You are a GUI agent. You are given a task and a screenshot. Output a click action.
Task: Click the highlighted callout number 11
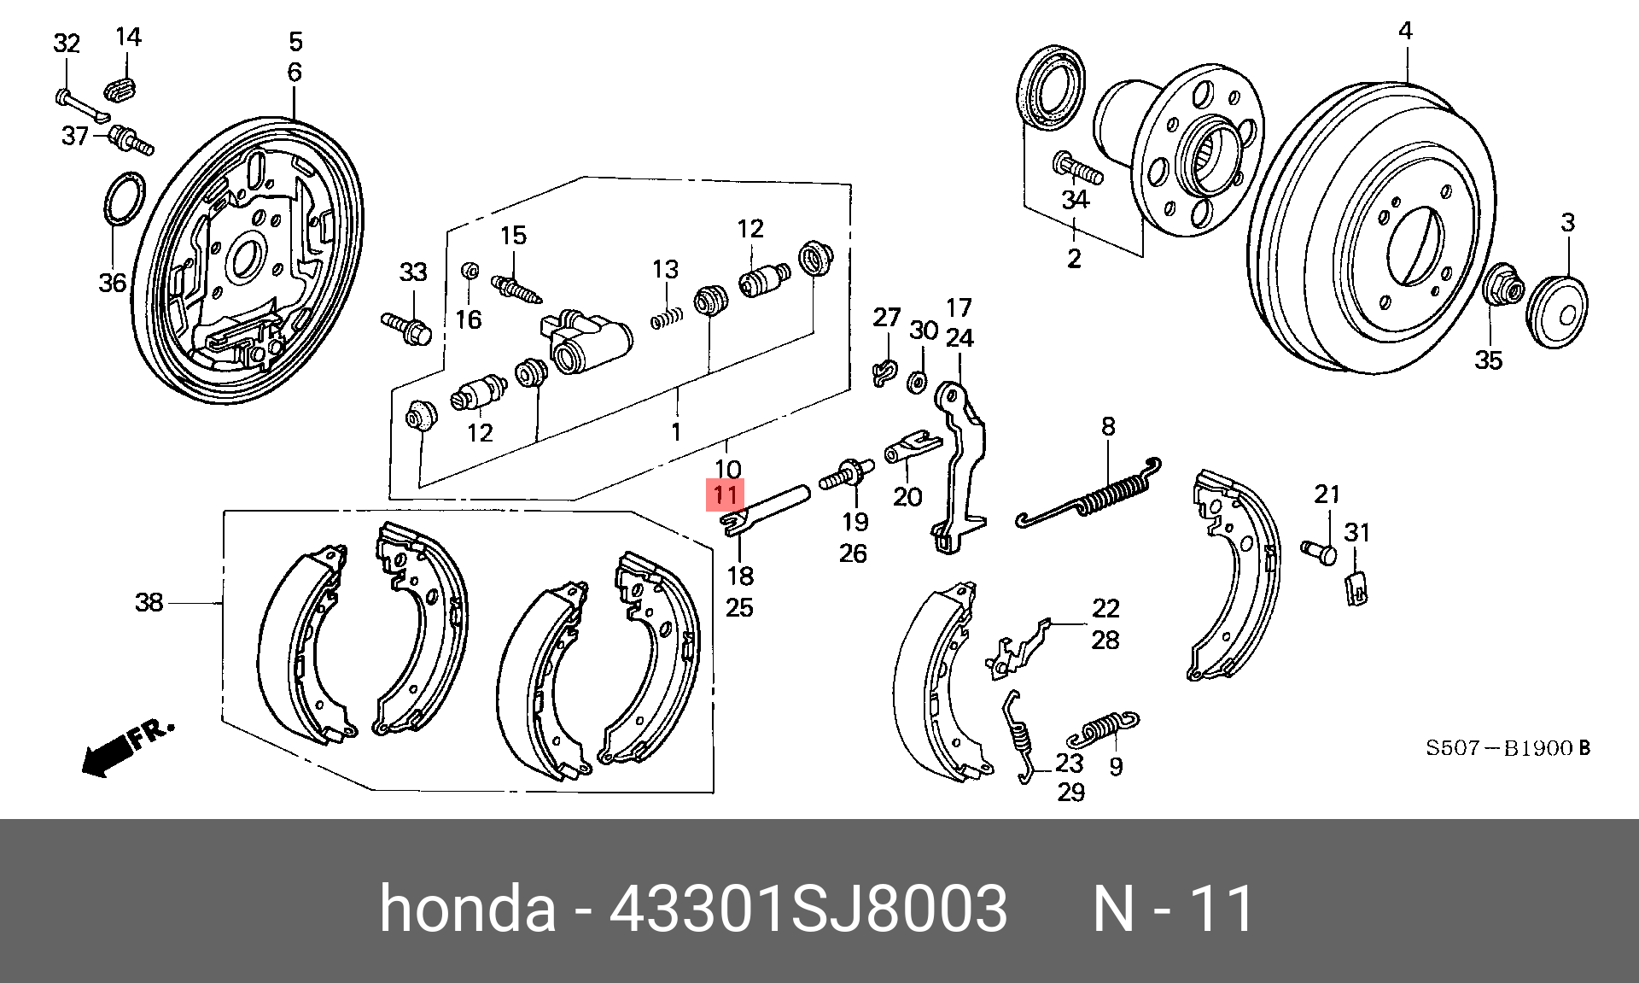[725, 494]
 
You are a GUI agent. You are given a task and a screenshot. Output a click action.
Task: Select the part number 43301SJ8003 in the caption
[808, 909]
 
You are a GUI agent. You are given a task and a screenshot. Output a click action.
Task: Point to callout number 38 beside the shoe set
[149, 602]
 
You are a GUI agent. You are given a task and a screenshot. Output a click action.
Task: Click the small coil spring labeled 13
[668, 318]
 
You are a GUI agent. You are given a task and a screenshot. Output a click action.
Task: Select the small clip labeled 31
[1356, 588]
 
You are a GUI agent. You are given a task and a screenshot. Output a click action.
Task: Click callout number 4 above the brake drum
[1405, 32]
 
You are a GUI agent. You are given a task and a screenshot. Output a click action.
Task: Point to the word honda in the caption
[467, 909]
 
